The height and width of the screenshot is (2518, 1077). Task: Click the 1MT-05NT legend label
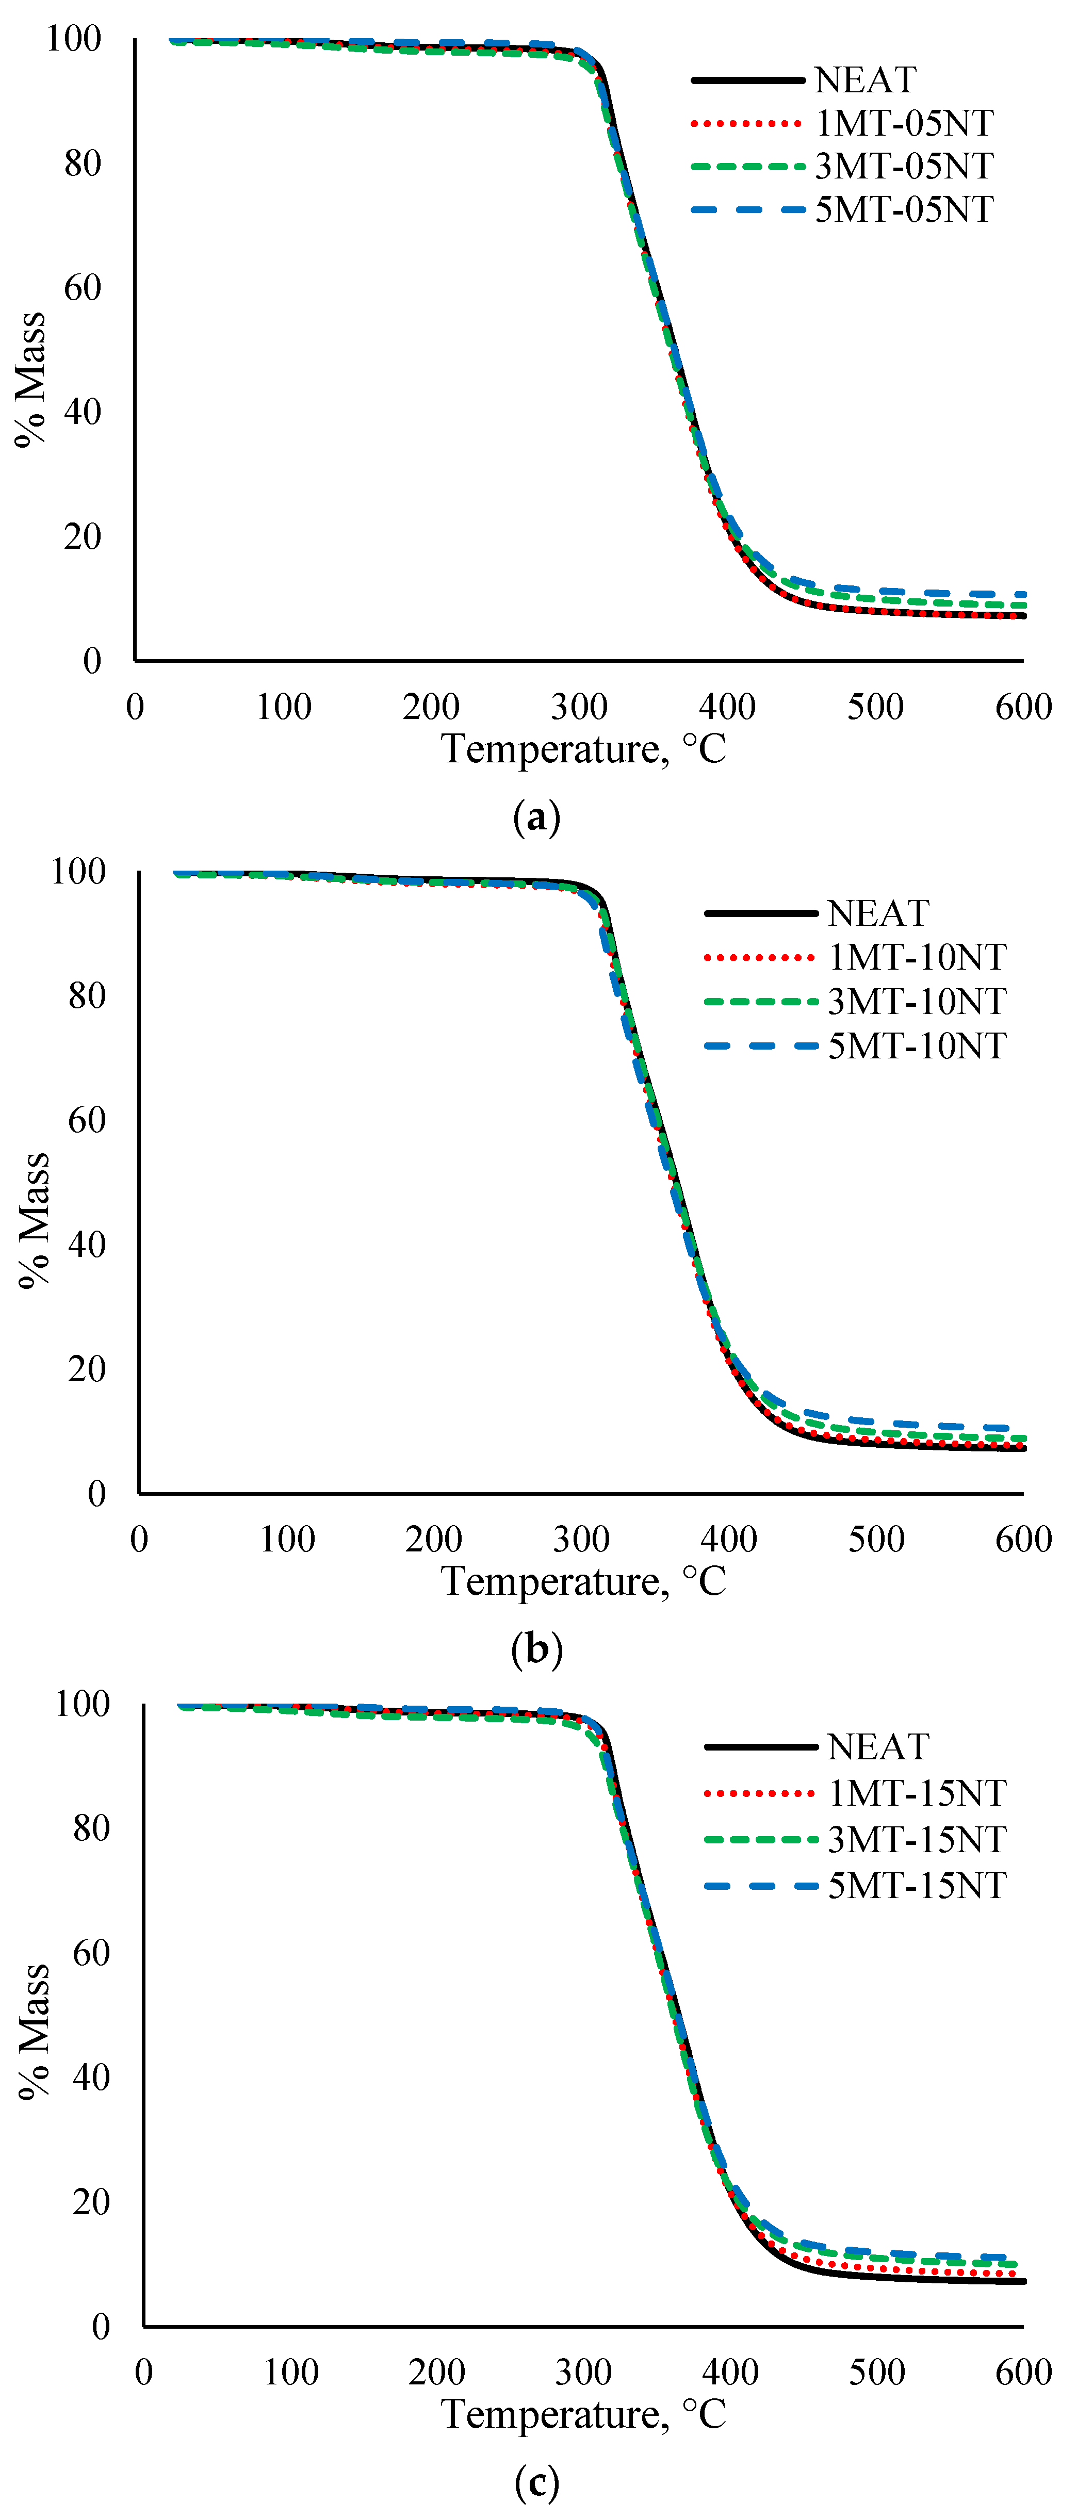pyautogui.click(x=904, y=123)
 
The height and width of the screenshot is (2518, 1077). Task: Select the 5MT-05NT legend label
pyautogui.click(x=904, y=209)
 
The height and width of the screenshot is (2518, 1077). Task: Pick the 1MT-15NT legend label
pyautogui.click(x=917, y=1793)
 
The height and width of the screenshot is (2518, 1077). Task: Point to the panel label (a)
pyautogui.click(x=536, y=816)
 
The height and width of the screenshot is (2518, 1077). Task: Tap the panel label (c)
pyautogui.click(x=536, y=2481)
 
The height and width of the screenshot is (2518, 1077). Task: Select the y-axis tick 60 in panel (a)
pyautogui.click(x=83, y=287)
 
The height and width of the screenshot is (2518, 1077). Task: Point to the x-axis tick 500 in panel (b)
pyautogui.click(x=876, y=1540)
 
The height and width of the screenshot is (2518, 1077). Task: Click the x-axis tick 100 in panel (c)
pyautogui.click(x=291, y=2373)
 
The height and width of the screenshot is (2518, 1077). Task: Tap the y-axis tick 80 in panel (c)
pyautogui.click(x=91, y=1828)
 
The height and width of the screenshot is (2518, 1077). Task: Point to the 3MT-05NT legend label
pyautogui.click(x=904, y=166)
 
